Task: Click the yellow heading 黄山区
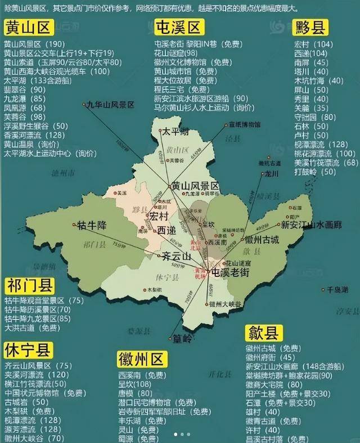pyautogui.click(x=28, y=28)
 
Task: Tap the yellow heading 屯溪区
pyautogui.click(x=179, y=28)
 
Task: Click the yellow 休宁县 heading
pyautogui.click(x=28, y=350)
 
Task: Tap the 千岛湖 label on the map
pyautogui.click(x=338, y=290)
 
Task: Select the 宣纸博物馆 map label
pyautogui.click(x=243, y=124)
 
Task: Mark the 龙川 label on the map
pyautogui.click(x=272, y=174)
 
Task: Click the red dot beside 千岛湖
pyautogui.click(x=323, y=290)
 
